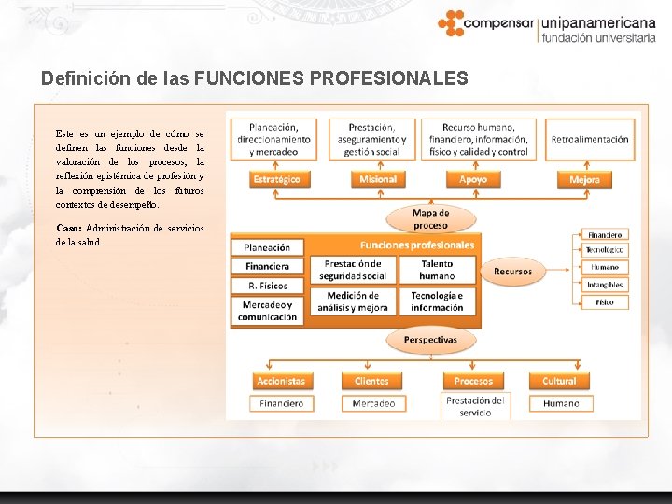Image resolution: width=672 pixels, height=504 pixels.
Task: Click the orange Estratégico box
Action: pyautogui.click(x=276, y=179)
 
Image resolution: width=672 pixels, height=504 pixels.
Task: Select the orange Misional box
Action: pyautogui.click(x=378, y=179)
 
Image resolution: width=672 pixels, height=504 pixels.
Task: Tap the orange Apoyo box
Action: pyautogui.click(x=473, y=179)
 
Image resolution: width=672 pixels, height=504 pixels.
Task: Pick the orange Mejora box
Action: pyautogui.click(x=584, y=179)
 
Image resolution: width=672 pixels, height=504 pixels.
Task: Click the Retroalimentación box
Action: pyautogui.click(x=590, y=140)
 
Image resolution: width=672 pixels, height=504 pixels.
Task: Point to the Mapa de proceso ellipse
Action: pyautogui.click(x=430, y=218)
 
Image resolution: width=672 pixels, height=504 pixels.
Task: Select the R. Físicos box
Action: pyautogui.click(x=268, y=286)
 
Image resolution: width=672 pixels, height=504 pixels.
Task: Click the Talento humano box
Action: pyautogui.click(x=437, y=270)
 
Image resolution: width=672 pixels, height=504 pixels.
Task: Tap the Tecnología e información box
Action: pyautogui.click(x=437, y=301)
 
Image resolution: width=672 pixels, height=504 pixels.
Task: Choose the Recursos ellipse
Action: pyautogui.click(x=512, y=272)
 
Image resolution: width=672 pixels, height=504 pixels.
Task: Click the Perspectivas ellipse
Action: pyautogui.click(x=430, y=340)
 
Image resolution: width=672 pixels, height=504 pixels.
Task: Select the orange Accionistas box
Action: pyautogui.click(x=281, y=381)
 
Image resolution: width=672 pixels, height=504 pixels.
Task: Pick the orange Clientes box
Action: pyautogui.click(x=372, y=381)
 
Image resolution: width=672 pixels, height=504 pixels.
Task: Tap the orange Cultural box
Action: pyautogui.click(x=560, y=381)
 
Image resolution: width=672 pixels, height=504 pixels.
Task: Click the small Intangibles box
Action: pyautogui.click(x=605, y=285)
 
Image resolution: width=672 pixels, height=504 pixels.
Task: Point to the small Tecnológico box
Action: pyautogui.click(x=605, y=250)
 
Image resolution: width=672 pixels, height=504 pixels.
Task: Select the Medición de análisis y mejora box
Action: pyautogui.click(x=353, y=301)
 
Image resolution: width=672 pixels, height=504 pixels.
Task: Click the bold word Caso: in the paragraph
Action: pyautogui.click(x=68, y=228)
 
